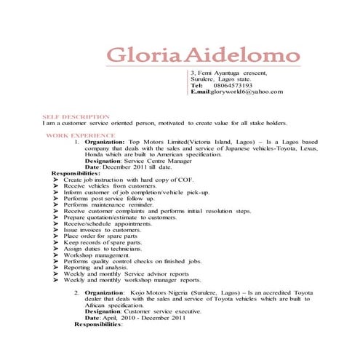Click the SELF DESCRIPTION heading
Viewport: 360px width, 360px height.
click(76, 116)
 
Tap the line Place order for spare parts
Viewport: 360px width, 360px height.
click(100, 236)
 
